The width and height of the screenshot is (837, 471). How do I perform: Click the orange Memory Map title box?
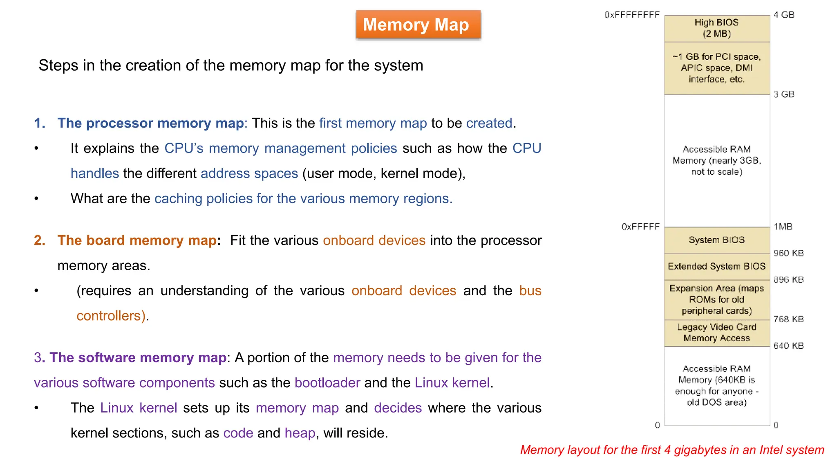tap(418, 25)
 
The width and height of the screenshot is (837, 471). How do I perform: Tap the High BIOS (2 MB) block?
tap(716, 28)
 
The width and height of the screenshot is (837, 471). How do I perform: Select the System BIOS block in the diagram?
tap(716, 240)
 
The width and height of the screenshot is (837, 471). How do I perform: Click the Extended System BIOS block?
tap(716, 267)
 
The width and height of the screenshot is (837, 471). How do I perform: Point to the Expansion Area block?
tap(716, 300)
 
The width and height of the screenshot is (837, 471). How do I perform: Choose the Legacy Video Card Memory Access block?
tap(716, 333)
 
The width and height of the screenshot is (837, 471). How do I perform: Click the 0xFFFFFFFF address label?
tap(632, 15)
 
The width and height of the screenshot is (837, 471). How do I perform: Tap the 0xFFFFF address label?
tap(640, 227)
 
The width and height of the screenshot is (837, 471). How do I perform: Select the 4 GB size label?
tap(784, 15)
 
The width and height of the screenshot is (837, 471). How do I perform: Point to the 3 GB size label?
tap(784, 94)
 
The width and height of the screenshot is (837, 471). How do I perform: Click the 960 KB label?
tap(788, 253)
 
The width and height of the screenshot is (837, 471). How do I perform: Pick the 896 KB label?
tap(788, 280)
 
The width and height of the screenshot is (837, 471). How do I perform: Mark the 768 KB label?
tap(788, 319)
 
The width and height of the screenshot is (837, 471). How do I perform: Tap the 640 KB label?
tap(788, 346)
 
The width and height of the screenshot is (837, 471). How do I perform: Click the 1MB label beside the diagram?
tap(783, 227)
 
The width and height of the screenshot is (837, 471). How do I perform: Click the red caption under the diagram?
tap(672, 450)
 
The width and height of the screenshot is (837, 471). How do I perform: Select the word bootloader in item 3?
tap(327, 383)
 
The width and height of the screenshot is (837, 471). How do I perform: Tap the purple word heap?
tap(300, 433)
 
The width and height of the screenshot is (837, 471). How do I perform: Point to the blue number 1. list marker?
tap(40, 123)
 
